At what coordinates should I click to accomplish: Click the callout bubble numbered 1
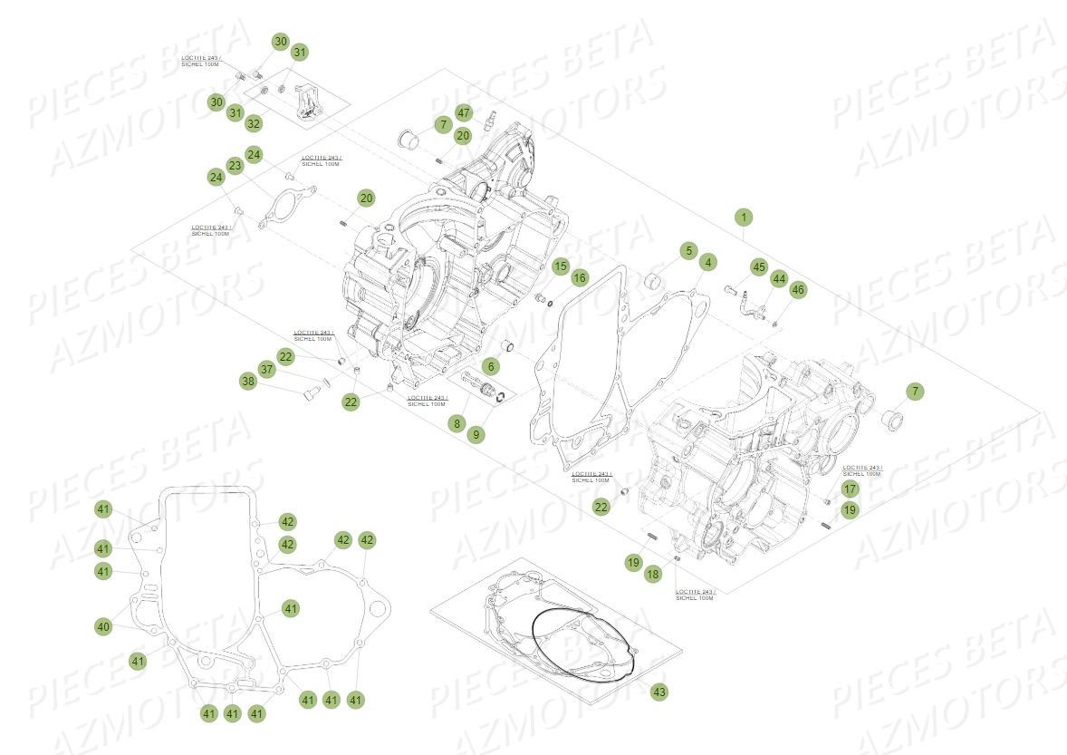point(743,218)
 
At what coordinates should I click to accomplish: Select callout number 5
point(687,250)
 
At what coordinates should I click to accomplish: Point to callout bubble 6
point(490,366)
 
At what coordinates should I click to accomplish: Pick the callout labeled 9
point(476,434)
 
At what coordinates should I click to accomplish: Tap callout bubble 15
point(561,266)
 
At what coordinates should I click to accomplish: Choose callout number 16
point(580,276)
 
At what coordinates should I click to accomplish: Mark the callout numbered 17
point(849,489)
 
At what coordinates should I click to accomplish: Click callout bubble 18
point(652,574)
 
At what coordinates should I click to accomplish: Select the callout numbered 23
point(236,166)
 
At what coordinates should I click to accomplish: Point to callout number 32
point(254,123)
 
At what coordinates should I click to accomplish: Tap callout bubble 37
point(266,370)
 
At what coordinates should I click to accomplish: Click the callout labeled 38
point(247,382)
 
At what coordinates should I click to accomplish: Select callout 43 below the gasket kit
point(658,692)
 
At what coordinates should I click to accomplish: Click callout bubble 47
point(464,113)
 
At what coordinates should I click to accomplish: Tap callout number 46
point(797,290)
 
